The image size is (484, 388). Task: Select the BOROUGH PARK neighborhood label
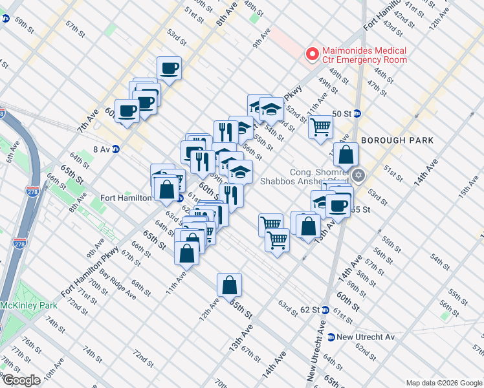[391, 140]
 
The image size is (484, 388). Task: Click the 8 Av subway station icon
[116, 149]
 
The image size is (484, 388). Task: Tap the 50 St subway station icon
[356, 114]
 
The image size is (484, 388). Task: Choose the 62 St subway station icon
[325, 310]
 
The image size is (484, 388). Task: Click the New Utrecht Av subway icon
[331, 337]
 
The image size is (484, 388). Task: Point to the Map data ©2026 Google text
[444, 383]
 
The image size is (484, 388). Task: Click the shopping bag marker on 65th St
[229, 285]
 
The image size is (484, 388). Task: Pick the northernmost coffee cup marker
[169, 69]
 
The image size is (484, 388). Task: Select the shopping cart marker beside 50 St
[320, 127]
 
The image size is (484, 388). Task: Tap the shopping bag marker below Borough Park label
[346, 155]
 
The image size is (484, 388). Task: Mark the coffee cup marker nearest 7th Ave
[127, 111]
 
